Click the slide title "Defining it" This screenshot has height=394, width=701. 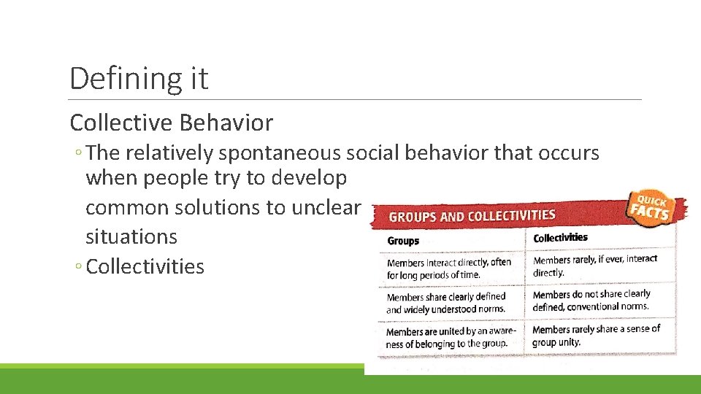139,78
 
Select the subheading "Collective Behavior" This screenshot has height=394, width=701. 172,123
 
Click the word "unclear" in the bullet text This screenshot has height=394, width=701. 326,207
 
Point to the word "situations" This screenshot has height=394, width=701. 131,236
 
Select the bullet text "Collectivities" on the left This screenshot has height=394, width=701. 145,266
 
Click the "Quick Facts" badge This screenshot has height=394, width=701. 654,208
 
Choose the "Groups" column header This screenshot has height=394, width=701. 404,241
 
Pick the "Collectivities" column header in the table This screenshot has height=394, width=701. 560,238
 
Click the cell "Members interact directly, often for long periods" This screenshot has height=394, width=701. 448,269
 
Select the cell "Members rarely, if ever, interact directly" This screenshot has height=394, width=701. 594,266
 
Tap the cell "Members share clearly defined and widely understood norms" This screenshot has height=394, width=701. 446,303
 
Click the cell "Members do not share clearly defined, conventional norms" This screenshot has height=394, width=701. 591,300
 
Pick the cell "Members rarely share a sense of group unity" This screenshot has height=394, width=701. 596,335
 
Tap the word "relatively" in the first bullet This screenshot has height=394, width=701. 169,153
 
